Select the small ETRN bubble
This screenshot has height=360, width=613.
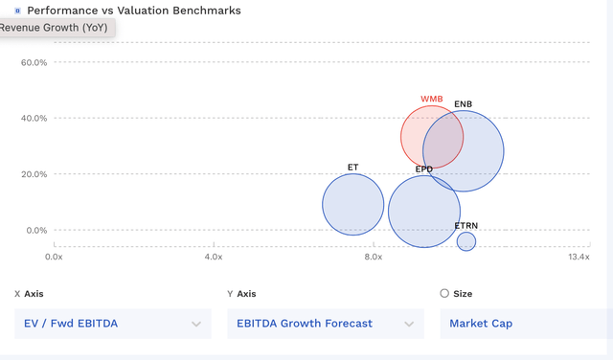point(465,241)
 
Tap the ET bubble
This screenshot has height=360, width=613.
point(353,204)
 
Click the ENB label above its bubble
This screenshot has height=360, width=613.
point(463,103)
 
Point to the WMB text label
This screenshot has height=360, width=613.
point(432,99)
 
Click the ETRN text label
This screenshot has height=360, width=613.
point(465,226)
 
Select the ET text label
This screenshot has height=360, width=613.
point(352,167)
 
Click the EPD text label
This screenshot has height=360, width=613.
point(423,169)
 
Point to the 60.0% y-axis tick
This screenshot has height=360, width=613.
point(34,62)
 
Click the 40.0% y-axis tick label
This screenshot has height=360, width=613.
point(34,118)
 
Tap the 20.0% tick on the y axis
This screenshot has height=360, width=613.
point(34,174)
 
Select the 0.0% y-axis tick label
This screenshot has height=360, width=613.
point(35,230)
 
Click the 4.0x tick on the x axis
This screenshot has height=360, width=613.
point(214,257)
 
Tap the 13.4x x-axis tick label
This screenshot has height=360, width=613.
point(579,257)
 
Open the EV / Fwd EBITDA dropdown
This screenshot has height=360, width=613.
point(113,324)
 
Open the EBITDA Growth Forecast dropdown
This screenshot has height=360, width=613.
point(326,324)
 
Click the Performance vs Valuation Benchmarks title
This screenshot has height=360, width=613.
point(134,11)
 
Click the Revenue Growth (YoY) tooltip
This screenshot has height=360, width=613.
point(56,28)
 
